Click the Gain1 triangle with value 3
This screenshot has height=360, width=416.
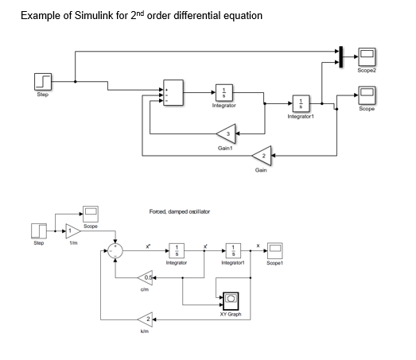pyautogui.click(x=227, y=134)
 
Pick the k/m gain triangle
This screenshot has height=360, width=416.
pyautogui.click(x=146, y=319)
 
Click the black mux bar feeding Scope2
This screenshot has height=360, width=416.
pyautogui.click(x=340, y=55)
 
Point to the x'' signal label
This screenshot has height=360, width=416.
pyautogui.click(x=148, y=246)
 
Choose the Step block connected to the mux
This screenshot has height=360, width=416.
pyautogui.click(x=43, y=81)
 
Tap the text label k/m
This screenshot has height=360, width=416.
pyautogui.click(x=145, y=331)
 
